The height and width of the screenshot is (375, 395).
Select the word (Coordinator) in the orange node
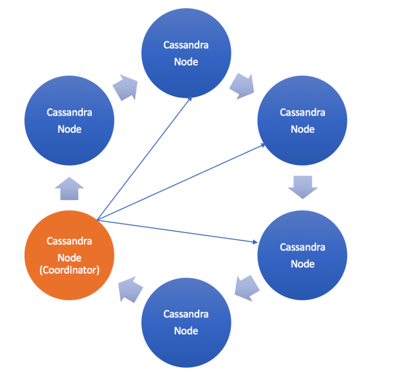pyautogui.click(x=69, y=270)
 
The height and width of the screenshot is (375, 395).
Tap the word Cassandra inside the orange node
pyautogui.click(x=69, y=241)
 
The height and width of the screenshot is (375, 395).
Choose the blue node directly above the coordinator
pyautogui.click(x=69, y=121)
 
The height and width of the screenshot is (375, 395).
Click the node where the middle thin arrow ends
pyautogui.click(x=302, y=121)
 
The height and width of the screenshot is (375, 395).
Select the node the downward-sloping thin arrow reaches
pyautogui.click(x=302, y=255)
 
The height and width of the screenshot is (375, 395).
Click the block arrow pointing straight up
pyautogui.click(x=69, y=188)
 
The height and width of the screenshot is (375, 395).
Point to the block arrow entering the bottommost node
pyautogui.click(x=246, y=288)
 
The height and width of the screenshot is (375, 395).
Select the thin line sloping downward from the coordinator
pyautogui.click(x=176, y=231)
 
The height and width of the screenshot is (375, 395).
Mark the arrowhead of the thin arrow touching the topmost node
pyautogui.click(x=189, y=99)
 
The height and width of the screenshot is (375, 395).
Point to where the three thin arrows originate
pyautogui.click(x=98, y=220)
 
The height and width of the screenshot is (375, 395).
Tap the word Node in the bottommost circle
pyautogui.click(x=186, y=331)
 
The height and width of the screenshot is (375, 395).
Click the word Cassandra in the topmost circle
pyautogui.click(x=186, y=45)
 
